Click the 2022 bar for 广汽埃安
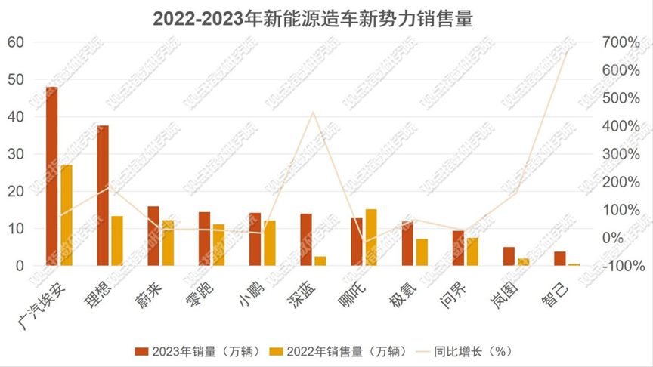tap(67, 215)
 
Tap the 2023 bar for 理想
tap(103, 196)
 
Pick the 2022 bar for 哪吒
tap(371, 237)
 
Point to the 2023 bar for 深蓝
tap(306, 239)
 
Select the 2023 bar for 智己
tap(559, 258)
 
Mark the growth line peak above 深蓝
tap(313, 113)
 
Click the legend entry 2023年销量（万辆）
tap(198, 351)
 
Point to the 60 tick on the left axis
tap(16, 42)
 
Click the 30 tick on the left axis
tap(16, 154)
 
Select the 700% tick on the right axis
tap(620, 42)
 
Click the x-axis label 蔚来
tap(154, 289)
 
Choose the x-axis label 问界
tap(458, 290)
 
